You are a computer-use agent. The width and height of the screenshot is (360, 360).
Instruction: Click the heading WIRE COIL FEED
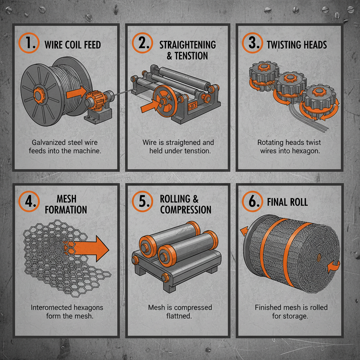72,45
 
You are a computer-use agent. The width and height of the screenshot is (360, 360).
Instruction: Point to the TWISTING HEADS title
297,45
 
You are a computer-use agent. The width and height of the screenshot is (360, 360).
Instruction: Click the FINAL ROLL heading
287,202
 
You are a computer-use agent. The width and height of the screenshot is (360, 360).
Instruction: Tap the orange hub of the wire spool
36,95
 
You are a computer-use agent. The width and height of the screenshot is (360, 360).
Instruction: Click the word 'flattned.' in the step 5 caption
179,316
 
